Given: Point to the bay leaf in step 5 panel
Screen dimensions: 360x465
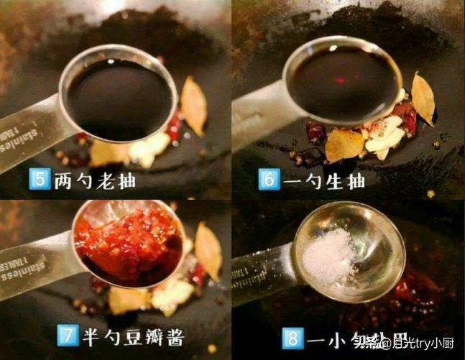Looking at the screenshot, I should tap(193, 105).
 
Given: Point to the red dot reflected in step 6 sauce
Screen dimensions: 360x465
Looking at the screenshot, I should tap(340, 80).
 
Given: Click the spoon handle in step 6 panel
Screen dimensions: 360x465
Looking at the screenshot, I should tap(255, 115).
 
